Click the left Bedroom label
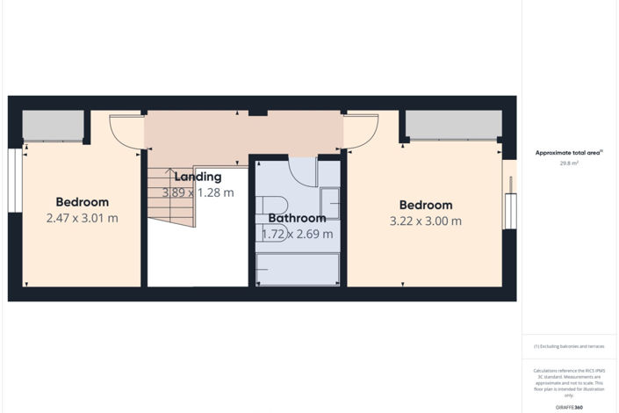tap(82, 202)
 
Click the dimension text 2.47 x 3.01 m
tap(82, 218)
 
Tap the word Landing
tap(198, 177)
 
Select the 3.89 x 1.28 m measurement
tap(198, 192)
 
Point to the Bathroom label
tap(297, 218)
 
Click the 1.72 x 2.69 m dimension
tap(297, 234)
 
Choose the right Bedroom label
tap(425, 206)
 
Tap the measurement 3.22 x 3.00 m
tap(425, 221)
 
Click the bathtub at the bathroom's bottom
tap(297, 269)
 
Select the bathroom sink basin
tap(330, 203)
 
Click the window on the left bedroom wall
tap(14, 180)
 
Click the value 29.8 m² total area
tap(570, 163)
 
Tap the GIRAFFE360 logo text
tap(570, 407)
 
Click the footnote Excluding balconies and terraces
tap(570, 346)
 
